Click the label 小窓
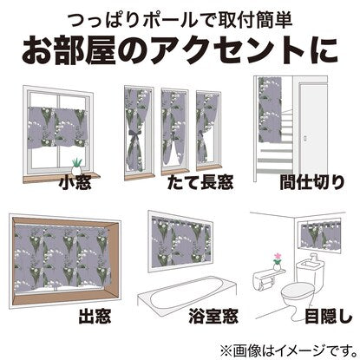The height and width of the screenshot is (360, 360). click(75, 183)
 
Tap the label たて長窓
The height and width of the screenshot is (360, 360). click(200, 182)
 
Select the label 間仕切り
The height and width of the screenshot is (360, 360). click(312, 182)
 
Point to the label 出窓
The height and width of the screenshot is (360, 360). click(95, 316)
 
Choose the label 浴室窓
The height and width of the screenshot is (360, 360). click(213, 316)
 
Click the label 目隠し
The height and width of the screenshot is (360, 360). click(329, 316)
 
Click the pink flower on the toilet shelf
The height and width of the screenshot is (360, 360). click(277, 257)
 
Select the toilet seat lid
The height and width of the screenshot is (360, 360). click(298, 291)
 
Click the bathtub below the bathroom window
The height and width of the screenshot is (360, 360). click(187, 292)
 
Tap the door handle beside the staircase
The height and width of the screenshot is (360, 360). click(304, 139)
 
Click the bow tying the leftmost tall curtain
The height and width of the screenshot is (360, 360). click(135, 136)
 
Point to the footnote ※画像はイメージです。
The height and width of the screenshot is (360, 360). click(289, 350)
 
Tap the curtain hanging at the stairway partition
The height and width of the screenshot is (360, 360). click(270, 110)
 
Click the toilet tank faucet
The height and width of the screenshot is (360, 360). click(312, 258)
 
